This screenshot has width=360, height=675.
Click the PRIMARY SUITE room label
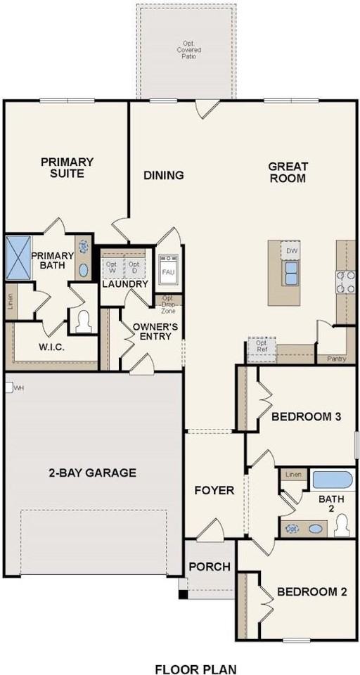point(67,167)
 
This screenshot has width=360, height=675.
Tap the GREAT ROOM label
point(288,172)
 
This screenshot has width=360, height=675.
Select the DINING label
point(164,175)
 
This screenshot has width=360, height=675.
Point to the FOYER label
point(214,490)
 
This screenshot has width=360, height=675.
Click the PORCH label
point(209,567)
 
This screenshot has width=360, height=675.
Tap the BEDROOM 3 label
point(306,417)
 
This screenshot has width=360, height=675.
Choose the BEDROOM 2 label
point(311,592)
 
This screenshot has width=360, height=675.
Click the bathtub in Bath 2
point(332,481)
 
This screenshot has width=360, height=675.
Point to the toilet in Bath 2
point(341,525)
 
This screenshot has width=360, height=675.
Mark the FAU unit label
point(168,271)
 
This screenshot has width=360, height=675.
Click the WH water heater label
point(18,387)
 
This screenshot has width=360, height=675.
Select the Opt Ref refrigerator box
point(262,347)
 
